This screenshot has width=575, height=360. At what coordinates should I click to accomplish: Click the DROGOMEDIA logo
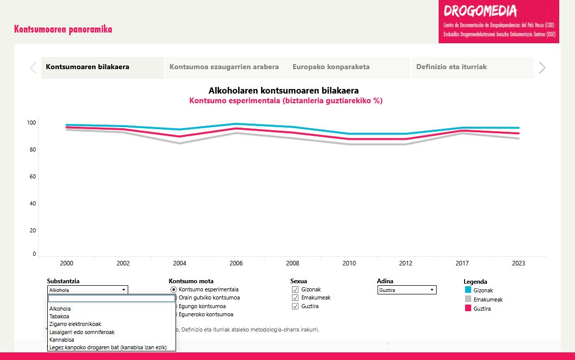480,11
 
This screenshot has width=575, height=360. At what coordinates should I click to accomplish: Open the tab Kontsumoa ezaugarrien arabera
224,67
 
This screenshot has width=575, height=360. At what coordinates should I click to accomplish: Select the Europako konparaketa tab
331,67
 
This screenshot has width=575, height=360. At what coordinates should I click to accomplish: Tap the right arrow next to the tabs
542,68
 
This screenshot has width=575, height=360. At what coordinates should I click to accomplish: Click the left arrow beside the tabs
33,68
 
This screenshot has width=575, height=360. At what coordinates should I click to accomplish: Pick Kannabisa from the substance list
62,340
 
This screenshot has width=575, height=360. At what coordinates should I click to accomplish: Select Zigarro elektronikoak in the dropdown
75,324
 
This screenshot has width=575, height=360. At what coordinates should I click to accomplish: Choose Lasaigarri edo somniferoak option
81,332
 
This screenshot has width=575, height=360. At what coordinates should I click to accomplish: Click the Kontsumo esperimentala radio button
174,289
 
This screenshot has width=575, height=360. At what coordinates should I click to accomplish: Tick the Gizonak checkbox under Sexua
295,290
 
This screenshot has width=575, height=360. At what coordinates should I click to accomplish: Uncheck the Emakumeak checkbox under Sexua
295,298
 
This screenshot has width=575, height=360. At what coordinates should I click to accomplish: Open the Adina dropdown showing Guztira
407,290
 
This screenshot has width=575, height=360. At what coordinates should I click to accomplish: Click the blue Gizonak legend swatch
468,290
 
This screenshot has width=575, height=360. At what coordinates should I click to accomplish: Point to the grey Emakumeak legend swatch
468,299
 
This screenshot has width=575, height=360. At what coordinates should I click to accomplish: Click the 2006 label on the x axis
236,263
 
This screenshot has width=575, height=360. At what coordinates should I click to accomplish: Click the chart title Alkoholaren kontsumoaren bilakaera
283,91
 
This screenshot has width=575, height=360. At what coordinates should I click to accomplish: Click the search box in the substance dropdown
111,299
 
